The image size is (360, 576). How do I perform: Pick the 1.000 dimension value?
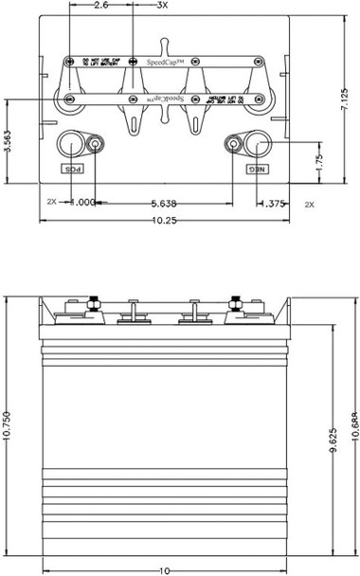click(82, 203)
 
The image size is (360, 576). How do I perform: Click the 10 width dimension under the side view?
click(165, 571)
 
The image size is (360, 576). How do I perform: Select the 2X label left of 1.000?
click(52, 203)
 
